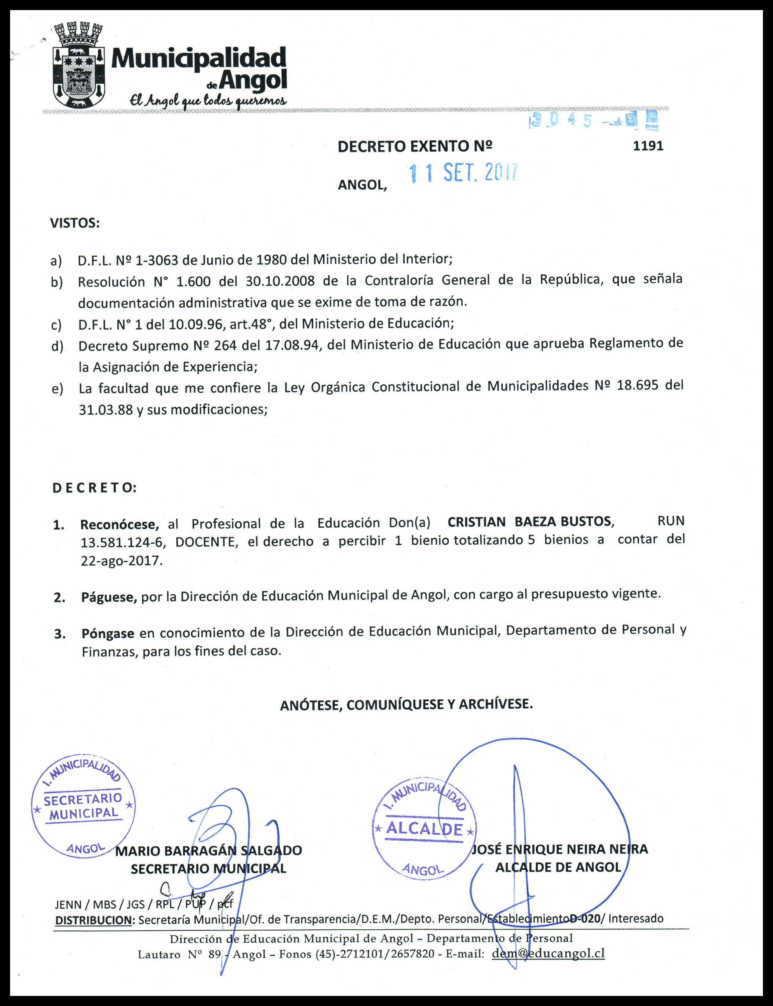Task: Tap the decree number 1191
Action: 648,146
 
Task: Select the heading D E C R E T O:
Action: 94,488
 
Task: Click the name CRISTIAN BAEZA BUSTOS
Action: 529,522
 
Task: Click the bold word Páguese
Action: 109,597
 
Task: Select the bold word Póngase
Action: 108,633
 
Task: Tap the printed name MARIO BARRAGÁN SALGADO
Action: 208,850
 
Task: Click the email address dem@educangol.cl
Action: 548,953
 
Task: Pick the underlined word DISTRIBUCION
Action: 93,920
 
